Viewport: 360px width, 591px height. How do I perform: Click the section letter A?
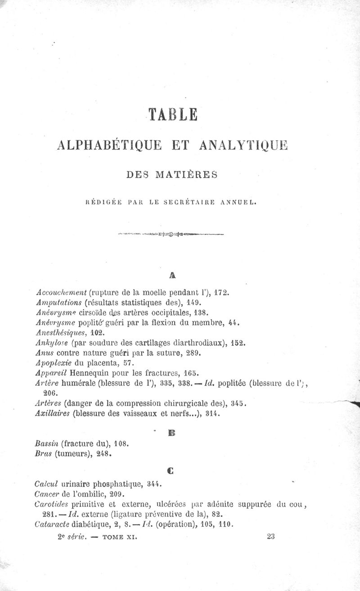point(173,274)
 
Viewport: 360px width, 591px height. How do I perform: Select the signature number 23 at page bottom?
point(270,536)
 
